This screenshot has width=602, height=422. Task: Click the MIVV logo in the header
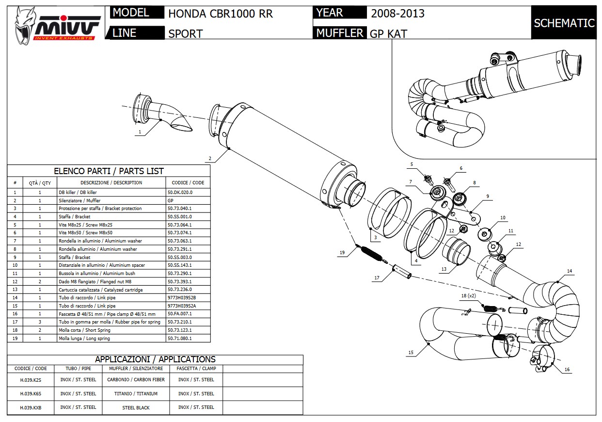point(57,22)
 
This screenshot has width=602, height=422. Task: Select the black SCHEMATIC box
point(564,23)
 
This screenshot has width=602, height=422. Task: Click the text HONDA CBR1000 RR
point(221,14)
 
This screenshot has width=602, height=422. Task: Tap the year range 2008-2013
point(397,14)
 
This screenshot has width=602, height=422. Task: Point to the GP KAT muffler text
point(388,33)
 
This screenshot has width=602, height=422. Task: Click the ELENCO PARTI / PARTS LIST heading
point(109,171)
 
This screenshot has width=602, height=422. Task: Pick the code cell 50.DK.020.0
point(180,193)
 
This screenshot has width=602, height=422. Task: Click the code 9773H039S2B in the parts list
point(182,298)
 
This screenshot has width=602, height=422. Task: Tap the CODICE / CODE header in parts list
point(189,183)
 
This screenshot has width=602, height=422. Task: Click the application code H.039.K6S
point(31,394)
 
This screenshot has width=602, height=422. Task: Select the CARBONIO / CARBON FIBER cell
point(136,380)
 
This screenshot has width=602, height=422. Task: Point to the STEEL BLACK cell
point(136,407)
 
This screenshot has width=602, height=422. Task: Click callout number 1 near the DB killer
point(140,131)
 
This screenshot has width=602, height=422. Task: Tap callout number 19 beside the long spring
point(342,253)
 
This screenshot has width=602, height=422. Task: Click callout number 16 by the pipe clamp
point(567,370)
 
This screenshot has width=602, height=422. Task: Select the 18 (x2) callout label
point(469,295)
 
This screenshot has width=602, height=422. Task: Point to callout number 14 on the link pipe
point(570,271)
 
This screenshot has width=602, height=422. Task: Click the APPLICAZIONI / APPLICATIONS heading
point(155,359)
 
